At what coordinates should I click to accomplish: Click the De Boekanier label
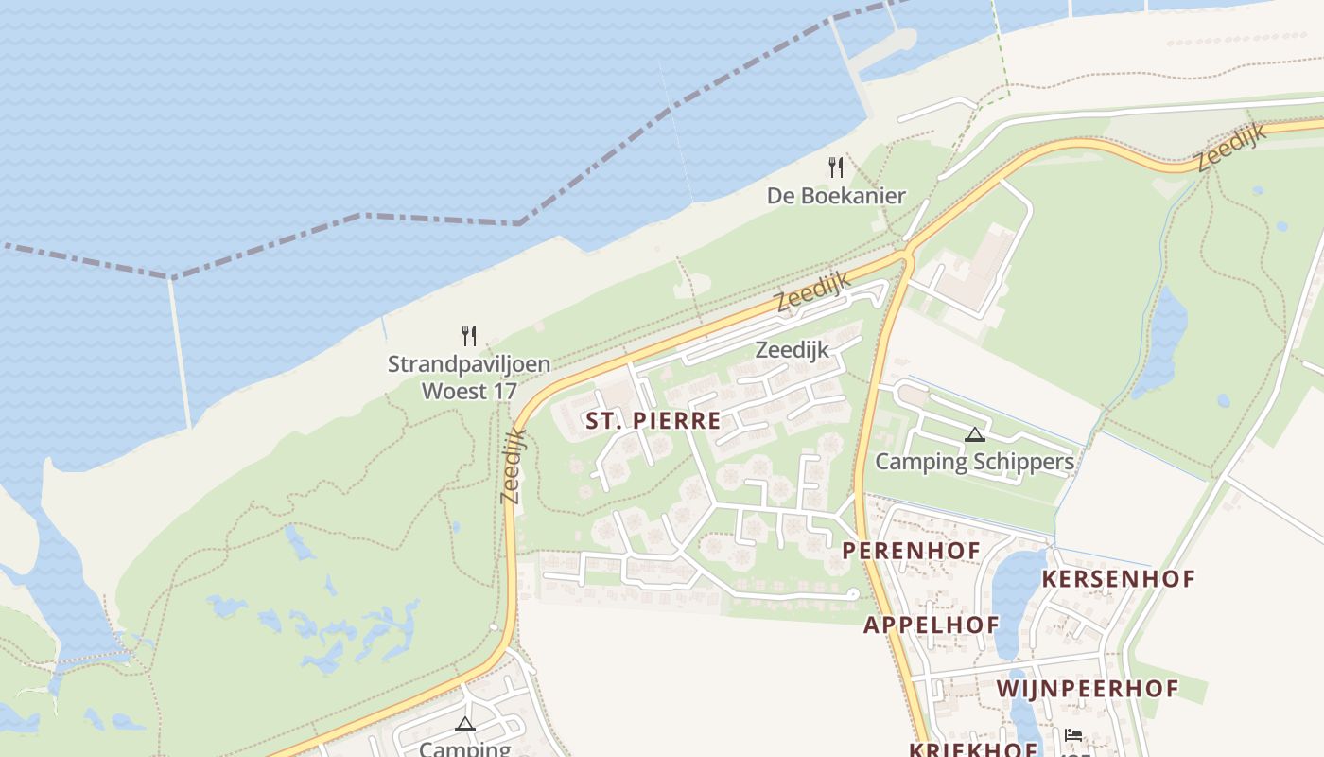(x=836, y=196)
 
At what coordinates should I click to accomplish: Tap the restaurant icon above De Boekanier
(x=836, y=167)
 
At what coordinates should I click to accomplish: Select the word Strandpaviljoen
(x=469, y=364)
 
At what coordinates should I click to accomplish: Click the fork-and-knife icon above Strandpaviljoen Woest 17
(x=469, y=335)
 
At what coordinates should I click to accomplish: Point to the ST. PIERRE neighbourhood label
(x=653, y=421)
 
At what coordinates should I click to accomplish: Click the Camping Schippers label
(x=974, y=462)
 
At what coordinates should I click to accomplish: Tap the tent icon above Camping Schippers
(x=975, y=434)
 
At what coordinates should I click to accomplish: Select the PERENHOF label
(x=911, y=550)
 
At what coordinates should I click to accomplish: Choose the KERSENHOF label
(x=1118, y=578)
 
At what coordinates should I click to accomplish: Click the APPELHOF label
(x=931, y=625)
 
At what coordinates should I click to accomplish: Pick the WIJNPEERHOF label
(x=1088, y=689)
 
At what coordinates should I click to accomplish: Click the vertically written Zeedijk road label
(x=513, y=466)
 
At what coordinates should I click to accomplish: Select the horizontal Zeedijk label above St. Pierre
(x=792, y=350)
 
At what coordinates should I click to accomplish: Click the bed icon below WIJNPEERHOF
(x=1072, y=735)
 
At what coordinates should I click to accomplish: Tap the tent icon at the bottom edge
(x=464, y=725)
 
